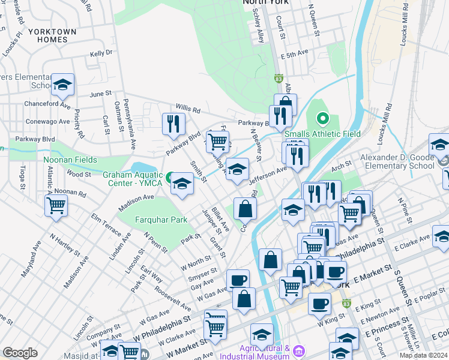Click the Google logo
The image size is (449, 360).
tap(20, 353)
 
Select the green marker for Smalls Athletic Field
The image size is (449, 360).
tap(322, 119)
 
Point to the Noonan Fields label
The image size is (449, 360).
tap(70, 160)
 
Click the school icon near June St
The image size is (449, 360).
tap(62, 85)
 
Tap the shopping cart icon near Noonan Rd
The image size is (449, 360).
tap(56, 206)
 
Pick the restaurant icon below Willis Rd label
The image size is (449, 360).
tap(173, 123)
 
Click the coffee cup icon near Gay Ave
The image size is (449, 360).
tap(238, 280)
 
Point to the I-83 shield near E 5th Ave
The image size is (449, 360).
tap(278, 79)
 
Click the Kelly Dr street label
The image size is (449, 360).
tap(101, 53)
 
